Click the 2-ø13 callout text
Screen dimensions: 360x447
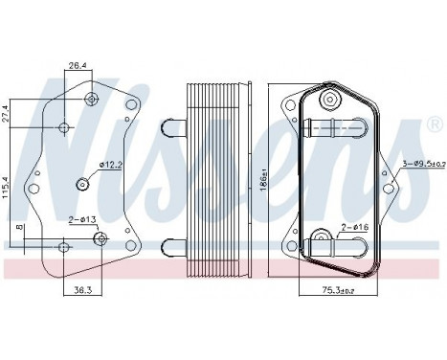click(80, 221)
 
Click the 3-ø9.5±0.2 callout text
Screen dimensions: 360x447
click(417, 165)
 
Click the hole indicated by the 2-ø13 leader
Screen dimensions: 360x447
click(102, 237)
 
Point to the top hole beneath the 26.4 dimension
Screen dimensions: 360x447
click(91, 100)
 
